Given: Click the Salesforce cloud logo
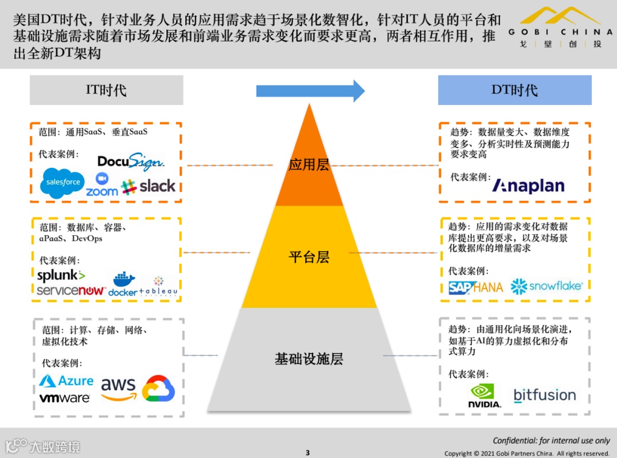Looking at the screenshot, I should coord(63,183).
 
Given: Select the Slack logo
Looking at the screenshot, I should coord(149,186).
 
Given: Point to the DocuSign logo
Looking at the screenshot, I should coord(131,162).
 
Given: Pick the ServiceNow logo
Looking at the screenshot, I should coord(71,291).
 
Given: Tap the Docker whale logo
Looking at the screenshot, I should coord(123,284).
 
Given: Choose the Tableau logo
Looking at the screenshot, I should coord(158,286).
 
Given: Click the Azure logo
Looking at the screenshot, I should coord(67,381).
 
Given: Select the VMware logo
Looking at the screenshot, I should coord(65,397).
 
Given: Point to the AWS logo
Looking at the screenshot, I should coord(119,388).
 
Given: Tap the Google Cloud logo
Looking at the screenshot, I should coord(158,388).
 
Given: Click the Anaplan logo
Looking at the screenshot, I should coord(528,186).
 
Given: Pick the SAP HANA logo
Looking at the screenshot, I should coord(475,287).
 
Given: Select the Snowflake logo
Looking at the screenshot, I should coord(546,286).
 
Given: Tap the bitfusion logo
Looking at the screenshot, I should coord(544,395).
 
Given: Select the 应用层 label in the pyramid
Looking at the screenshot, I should coord(309,165).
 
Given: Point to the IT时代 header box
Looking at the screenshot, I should coord(106,90).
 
